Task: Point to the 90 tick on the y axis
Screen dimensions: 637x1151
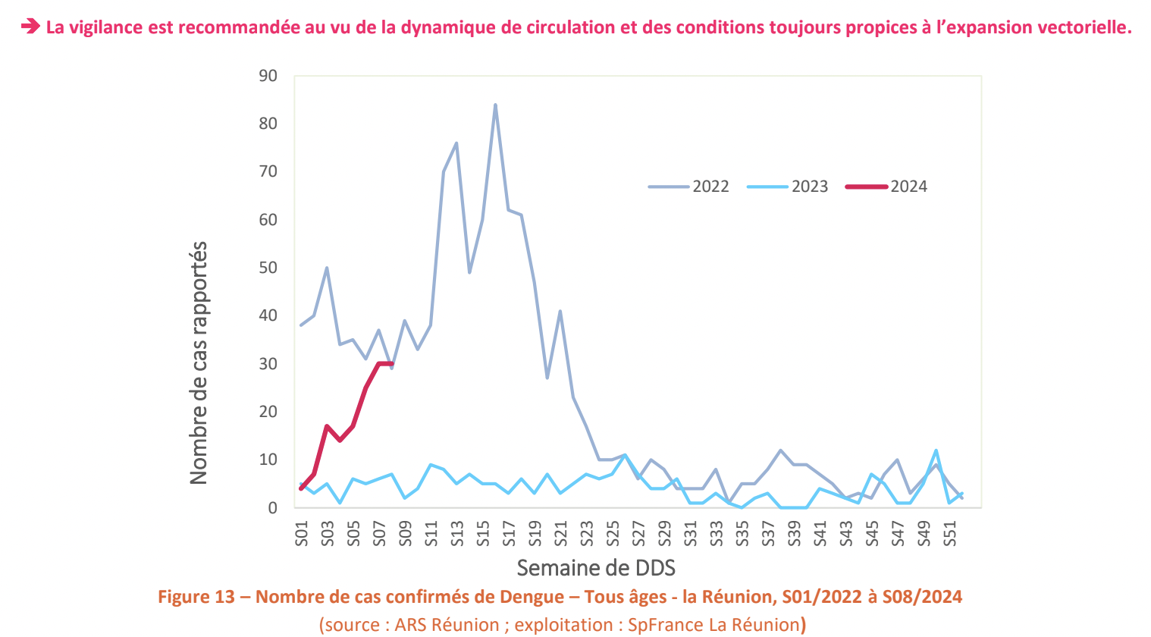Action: pyautogui.click(x=268, y=76)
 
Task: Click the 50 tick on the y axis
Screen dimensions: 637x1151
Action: pyautogui.click(x=268, y=268)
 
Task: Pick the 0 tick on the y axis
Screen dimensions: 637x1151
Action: pyautogui.click(x=272, y=508)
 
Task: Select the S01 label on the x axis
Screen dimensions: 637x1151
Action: pyautogui.click(x=302, y=533)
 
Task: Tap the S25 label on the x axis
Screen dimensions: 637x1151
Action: pyautogui.click(x=613, y=533)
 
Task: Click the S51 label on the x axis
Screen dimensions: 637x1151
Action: pyautogui.click(x=949, y=533)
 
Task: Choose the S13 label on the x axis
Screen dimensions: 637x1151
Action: pyautogui.click(x=457, y=533)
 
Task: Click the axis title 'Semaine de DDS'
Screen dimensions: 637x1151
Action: pyautogui.click(x=596, y=567)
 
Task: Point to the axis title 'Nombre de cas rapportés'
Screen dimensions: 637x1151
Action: pyautogui.click(x=199, y=362)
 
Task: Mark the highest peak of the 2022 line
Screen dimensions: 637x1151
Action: pyautogui.click(x=495, y=105)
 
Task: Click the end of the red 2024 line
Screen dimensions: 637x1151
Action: pyautogui.click(x=391, y=363)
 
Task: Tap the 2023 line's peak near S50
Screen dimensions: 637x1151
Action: pyautogui.click(x=936, y=450)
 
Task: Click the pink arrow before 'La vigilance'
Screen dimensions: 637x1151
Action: pyautogui.click(x=30, y=27)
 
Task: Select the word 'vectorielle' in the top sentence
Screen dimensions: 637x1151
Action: pyautogui.click(x=1085, y=27)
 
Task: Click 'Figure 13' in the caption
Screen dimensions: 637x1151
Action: pyautogui.click(x=196, y=597)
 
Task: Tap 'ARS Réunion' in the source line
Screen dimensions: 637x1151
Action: pyautogui.click(x=447, y=625)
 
